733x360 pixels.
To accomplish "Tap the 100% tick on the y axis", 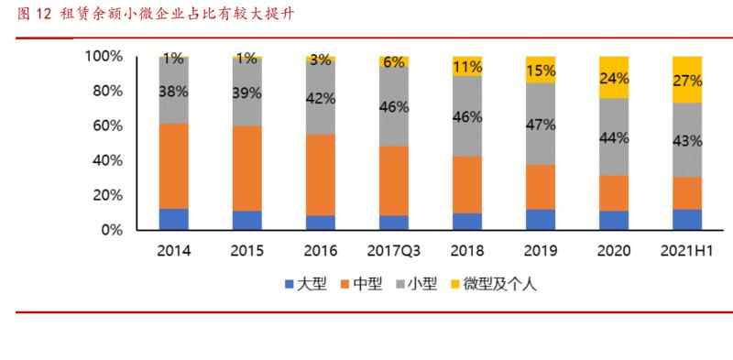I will (x=103, y=57).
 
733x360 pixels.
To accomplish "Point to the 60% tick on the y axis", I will (x=106, y=126).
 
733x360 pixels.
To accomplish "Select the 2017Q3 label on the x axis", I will (x=394, y=250).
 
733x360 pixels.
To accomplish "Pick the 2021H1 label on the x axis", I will (x=687, y=250).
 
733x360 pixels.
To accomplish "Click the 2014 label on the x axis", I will (x=174, y=250).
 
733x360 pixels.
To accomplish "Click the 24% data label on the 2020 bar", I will (x=614, y=78).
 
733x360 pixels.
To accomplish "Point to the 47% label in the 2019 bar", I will (x=541, y=125).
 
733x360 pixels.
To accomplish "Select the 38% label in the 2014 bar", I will (x=174, y=91).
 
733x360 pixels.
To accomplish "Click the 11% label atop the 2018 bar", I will (x=467, y=66).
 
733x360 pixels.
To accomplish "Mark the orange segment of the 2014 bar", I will (x=174, y=166).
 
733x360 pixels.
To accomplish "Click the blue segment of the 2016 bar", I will (x=321, y=223).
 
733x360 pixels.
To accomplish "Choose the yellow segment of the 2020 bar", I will (x=614, y=77).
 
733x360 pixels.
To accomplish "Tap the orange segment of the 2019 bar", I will (x=541, y=187).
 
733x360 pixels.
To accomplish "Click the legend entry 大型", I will (x=304, y=284).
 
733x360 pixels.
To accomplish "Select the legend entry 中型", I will (x=373, y=284).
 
